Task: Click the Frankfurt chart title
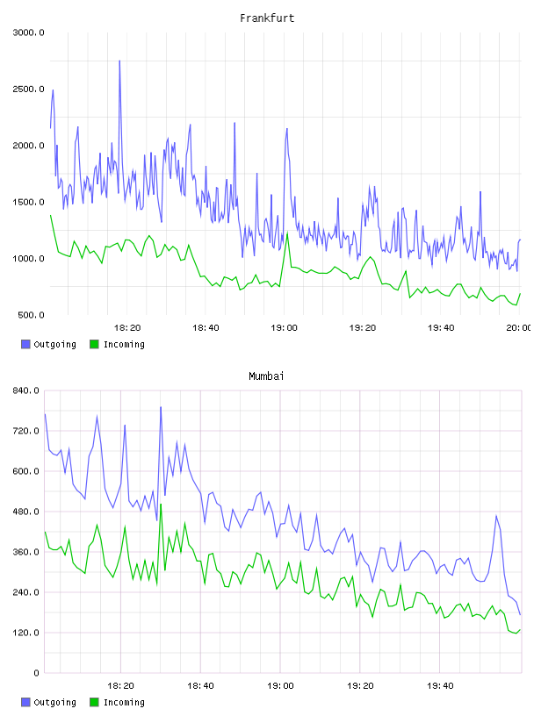point(267,18)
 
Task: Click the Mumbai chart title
point(266,376)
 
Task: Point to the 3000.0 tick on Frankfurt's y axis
point(28,32)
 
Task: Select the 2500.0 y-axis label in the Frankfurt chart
point(28,89)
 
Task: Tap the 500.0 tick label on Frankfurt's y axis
point(31,315)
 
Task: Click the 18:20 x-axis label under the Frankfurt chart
point(127,327)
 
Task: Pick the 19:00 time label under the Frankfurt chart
point(284,327)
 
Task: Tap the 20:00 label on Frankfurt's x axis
point(518,327)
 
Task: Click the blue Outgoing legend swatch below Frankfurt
point(25,344)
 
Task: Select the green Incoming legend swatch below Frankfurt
point(94,344)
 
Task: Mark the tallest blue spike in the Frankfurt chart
point(119,61)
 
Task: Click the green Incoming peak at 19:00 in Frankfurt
point(287,233)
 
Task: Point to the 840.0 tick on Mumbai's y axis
point(25,390)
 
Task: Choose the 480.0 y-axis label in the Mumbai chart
point(25,512)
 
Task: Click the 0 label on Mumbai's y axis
point(36,673)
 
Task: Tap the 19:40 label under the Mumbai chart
point(440,685)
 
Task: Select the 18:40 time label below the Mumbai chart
point(200,685)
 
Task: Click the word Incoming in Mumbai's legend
point(124,702)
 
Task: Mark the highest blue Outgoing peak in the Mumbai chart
point(161,407)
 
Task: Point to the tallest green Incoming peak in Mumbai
point(161,505)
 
